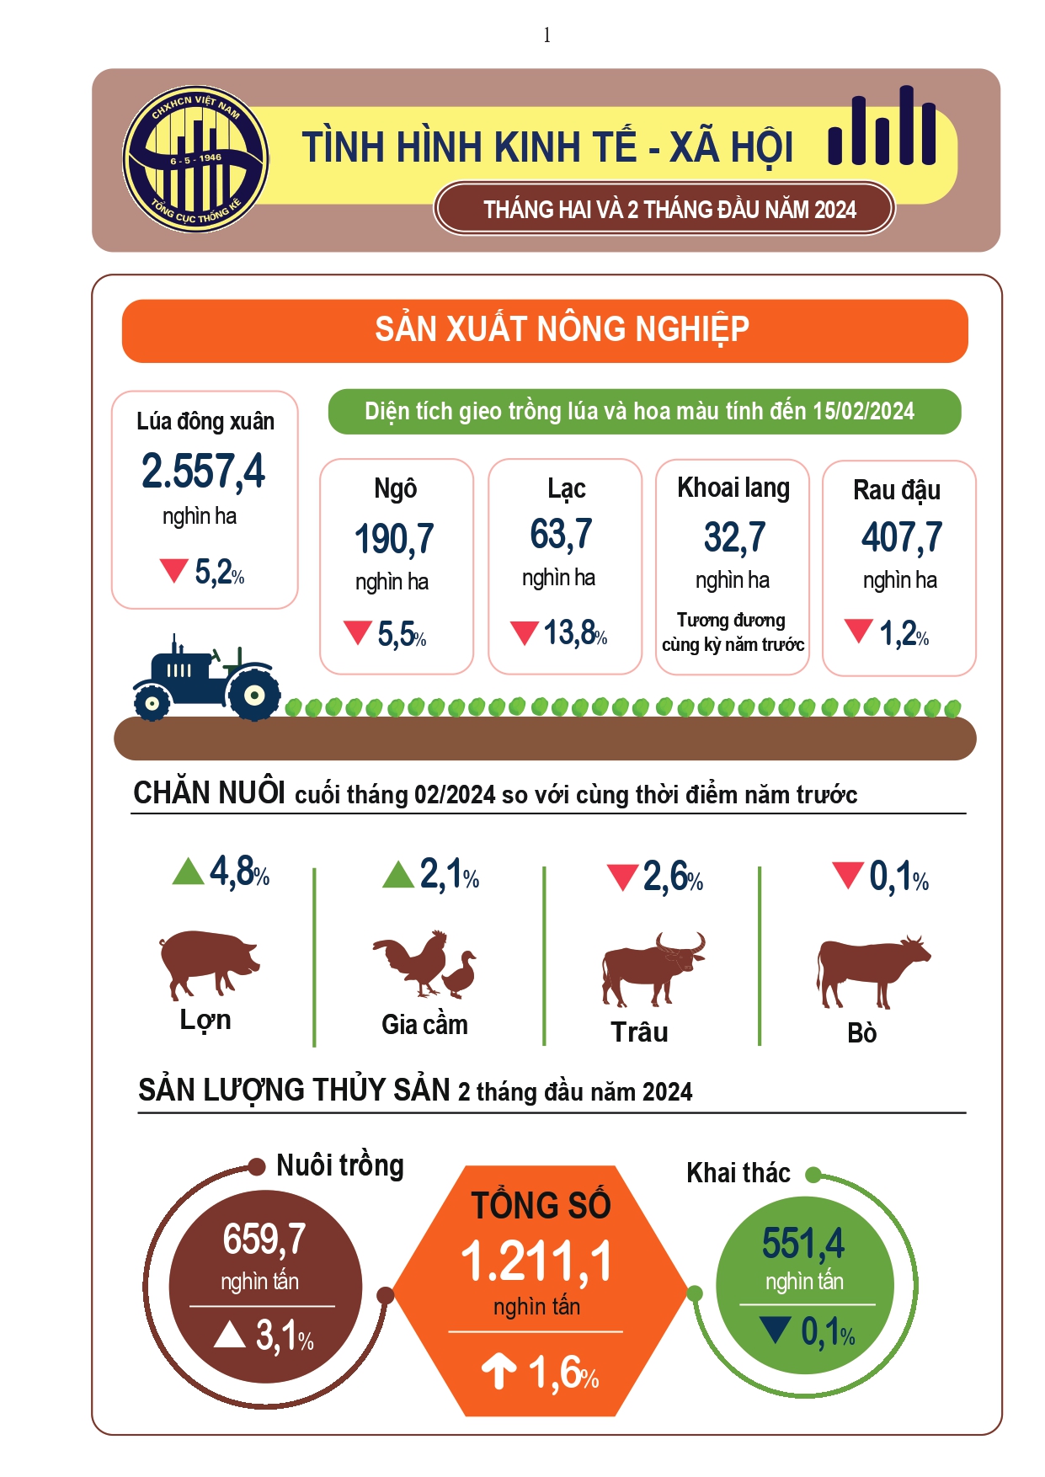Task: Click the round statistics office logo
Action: click(x=195, y=159)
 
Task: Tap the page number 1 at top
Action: click(x=546, y=35)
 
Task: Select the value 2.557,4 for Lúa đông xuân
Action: click(x=203, y=471)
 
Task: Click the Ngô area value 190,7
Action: click(x=394, y=539)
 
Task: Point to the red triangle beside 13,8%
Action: click(x=525, y=632)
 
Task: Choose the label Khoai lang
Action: click(x=733, y=488)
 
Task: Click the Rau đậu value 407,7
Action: click(x=901, y=537)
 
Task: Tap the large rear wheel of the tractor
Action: click(x=253, y=695)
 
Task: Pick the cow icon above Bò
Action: click(x=871, y=968)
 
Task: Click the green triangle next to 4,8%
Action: click(x=188, y=872)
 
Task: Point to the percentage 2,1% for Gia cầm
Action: click(x=450, y=875)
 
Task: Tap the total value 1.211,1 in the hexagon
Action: click(x=537, y=1261)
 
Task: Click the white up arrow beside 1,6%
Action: click(x=499, y=1370)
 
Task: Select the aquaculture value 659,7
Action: click(x=264, y=1239)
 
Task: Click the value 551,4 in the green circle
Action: click(x=803, y=1243)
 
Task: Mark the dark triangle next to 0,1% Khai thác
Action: click(x=775, y=1330)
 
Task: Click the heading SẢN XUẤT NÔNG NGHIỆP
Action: click(x=562, y=330)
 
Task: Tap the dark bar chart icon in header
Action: click(x=882, y=128)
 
